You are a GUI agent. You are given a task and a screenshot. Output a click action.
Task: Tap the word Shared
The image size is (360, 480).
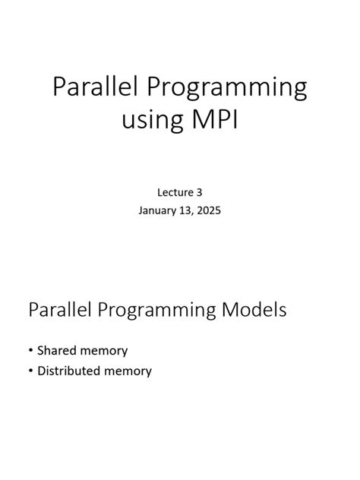click(x=56, y=351)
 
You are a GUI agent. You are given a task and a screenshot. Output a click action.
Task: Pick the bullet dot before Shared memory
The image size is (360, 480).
click(x=30, y=351)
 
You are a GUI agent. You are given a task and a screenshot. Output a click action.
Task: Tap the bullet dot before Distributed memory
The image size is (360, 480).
click(x=30, y=371)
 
